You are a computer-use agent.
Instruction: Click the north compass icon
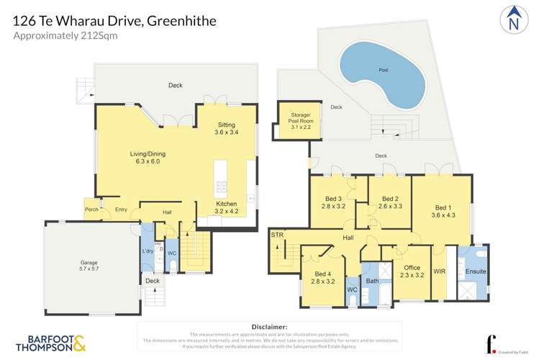click(512, 19)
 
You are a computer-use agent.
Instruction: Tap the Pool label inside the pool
click(384, 70)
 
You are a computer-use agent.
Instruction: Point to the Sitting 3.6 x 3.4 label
click(226, 128)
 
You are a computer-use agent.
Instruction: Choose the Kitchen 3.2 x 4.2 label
click(227, 208)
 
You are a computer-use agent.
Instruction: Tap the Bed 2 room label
click(390, 202)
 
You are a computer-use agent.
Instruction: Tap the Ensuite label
click(475, 271)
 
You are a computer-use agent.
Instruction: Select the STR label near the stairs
click(277, 235)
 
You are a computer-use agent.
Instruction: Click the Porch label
click(91, 210)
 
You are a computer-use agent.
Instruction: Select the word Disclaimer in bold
click(269, 327)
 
